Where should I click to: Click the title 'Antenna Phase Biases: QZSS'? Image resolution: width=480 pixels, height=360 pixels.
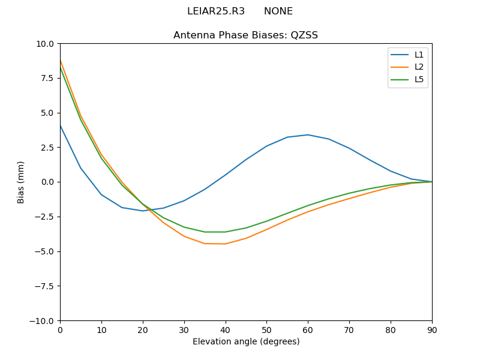pyautogui.click(x=245, y=35)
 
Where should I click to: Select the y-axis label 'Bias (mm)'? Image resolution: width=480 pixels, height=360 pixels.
pyautogui.click(x=21, y=182)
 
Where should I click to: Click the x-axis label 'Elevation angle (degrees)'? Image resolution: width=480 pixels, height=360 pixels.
pyautogui.click(x=246, y=342)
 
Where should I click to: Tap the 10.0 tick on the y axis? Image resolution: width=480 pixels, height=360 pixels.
pyautogui.click(x=44, y=44)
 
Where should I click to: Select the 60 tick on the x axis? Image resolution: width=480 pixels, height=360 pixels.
pyautogui.click(x=308, y=329)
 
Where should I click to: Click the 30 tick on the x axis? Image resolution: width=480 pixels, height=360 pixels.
pyautogui.click(x=184, y=329)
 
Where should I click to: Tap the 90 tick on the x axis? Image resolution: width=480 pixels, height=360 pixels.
pyautogui.click(x=432, y=329)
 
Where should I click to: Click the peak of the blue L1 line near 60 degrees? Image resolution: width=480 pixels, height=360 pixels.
pyautogui.click(x=308, y=134)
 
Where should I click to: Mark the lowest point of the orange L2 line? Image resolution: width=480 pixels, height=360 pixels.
pyautogui.click(x=225, y=244)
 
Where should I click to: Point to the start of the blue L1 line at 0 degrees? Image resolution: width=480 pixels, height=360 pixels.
pyautogui.click(x=60, y=125)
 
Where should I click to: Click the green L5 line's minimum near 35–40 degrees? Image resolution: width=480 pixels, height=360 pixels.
pyautogui.click(x=215, y=232)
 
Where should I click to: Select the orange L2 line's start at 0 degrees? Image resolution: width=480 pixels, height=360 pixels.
pyautogui.click(x=60, y=60)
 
